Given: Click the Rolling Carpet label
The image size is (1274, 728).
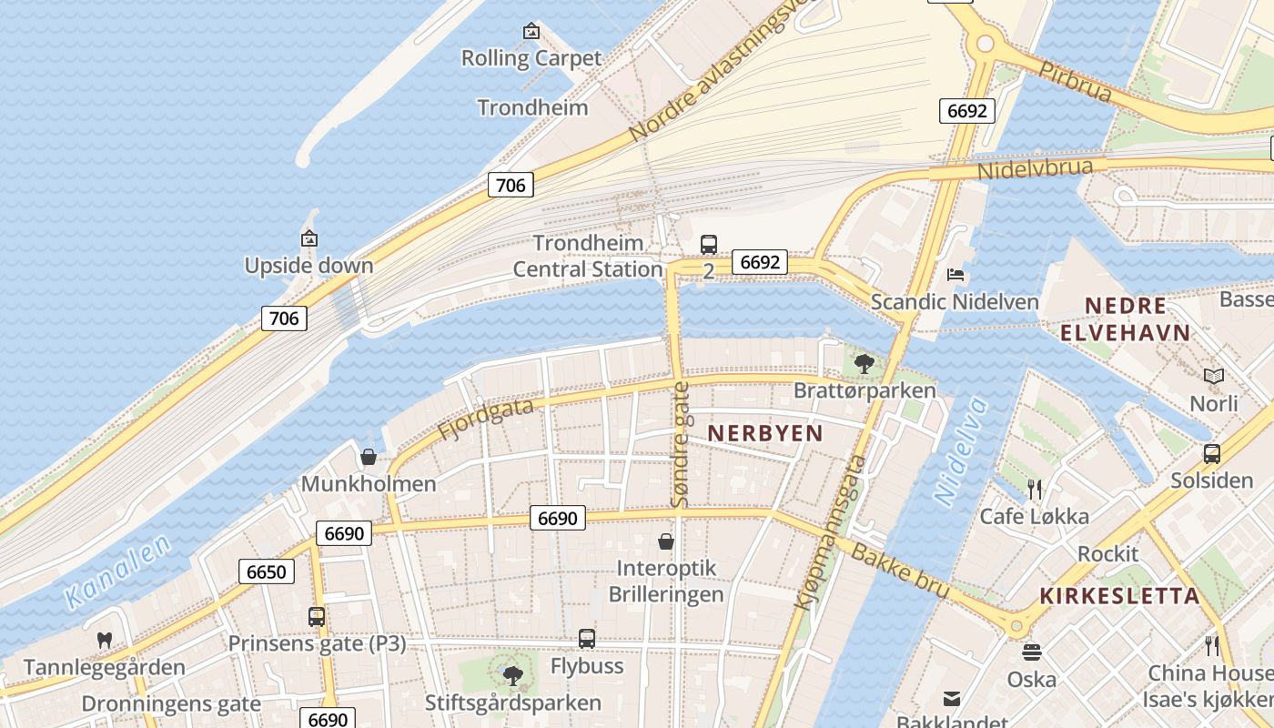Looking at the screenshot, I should (531, 58).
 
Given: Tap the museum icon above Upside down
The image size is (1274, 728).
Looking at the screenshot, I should (308, 239).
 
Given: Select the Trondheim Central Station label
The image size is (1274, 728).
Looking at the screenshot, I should (588, 257).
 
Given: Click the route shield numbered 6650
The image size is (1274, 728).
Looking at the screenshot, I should (267, 571).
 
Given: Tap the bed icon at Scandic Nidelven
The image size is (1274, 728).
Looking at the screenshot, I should (955, 275).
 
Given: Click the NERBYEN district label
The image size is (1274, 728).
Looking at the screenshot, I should (764, 433).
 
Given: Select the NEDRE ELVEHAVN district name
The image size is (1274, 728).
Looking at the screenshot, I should (1125, 318).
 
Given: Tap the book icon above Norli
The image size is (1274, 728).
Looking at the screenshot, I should (1213, 376).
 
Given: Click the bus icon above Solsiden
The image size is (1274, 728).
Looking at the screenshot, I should (1211, 453).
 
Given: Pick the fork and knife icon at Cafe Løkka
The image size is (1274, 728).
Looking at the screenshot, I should (1034, 490).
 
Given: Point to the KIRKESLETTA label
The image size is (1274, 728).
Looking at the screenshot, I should (1119, 597).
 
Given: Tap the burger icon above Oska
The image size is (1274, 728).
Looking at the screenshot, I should (1031, 652).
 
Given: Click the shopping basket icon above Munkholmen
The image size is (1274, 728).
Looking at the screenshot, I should (369, 456).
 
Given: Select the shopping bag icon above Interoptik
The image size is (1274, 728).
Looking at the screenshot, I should (666, 541).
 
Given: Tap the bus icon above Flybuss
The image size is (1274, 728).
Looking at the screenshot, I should (587, 639).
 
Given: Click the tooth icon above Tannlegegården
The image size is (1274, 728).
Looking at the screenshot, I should (104, 640).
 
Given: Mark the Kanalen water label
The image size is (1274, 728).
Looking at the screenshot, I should (118, 571).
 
